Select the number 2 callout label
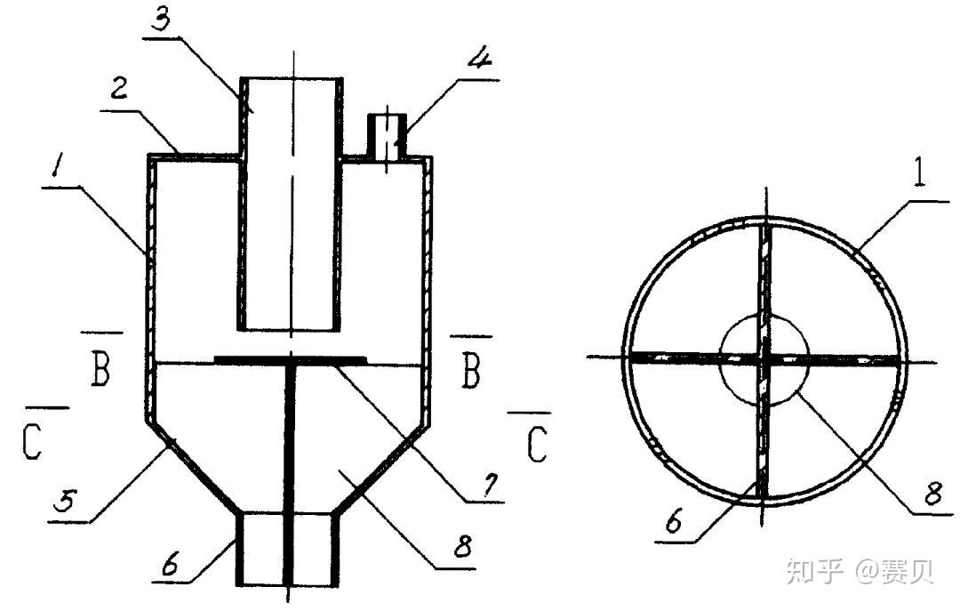tap(118, 90)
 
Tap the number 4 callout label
tap(481, 58)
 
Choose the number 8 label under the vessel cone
tap(462, 545)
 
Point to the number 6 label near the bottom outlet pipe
tap(170, 564)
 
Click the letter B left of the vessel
tap(100, 370)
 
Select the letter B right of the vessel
tap(470, 372)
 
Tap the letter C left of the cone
tap(33, 442)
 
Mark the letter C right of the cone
tap(537, 445)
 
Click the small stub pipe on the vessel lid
tap(387, 137)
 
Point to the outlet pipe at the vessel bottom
tap(289, 549)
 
